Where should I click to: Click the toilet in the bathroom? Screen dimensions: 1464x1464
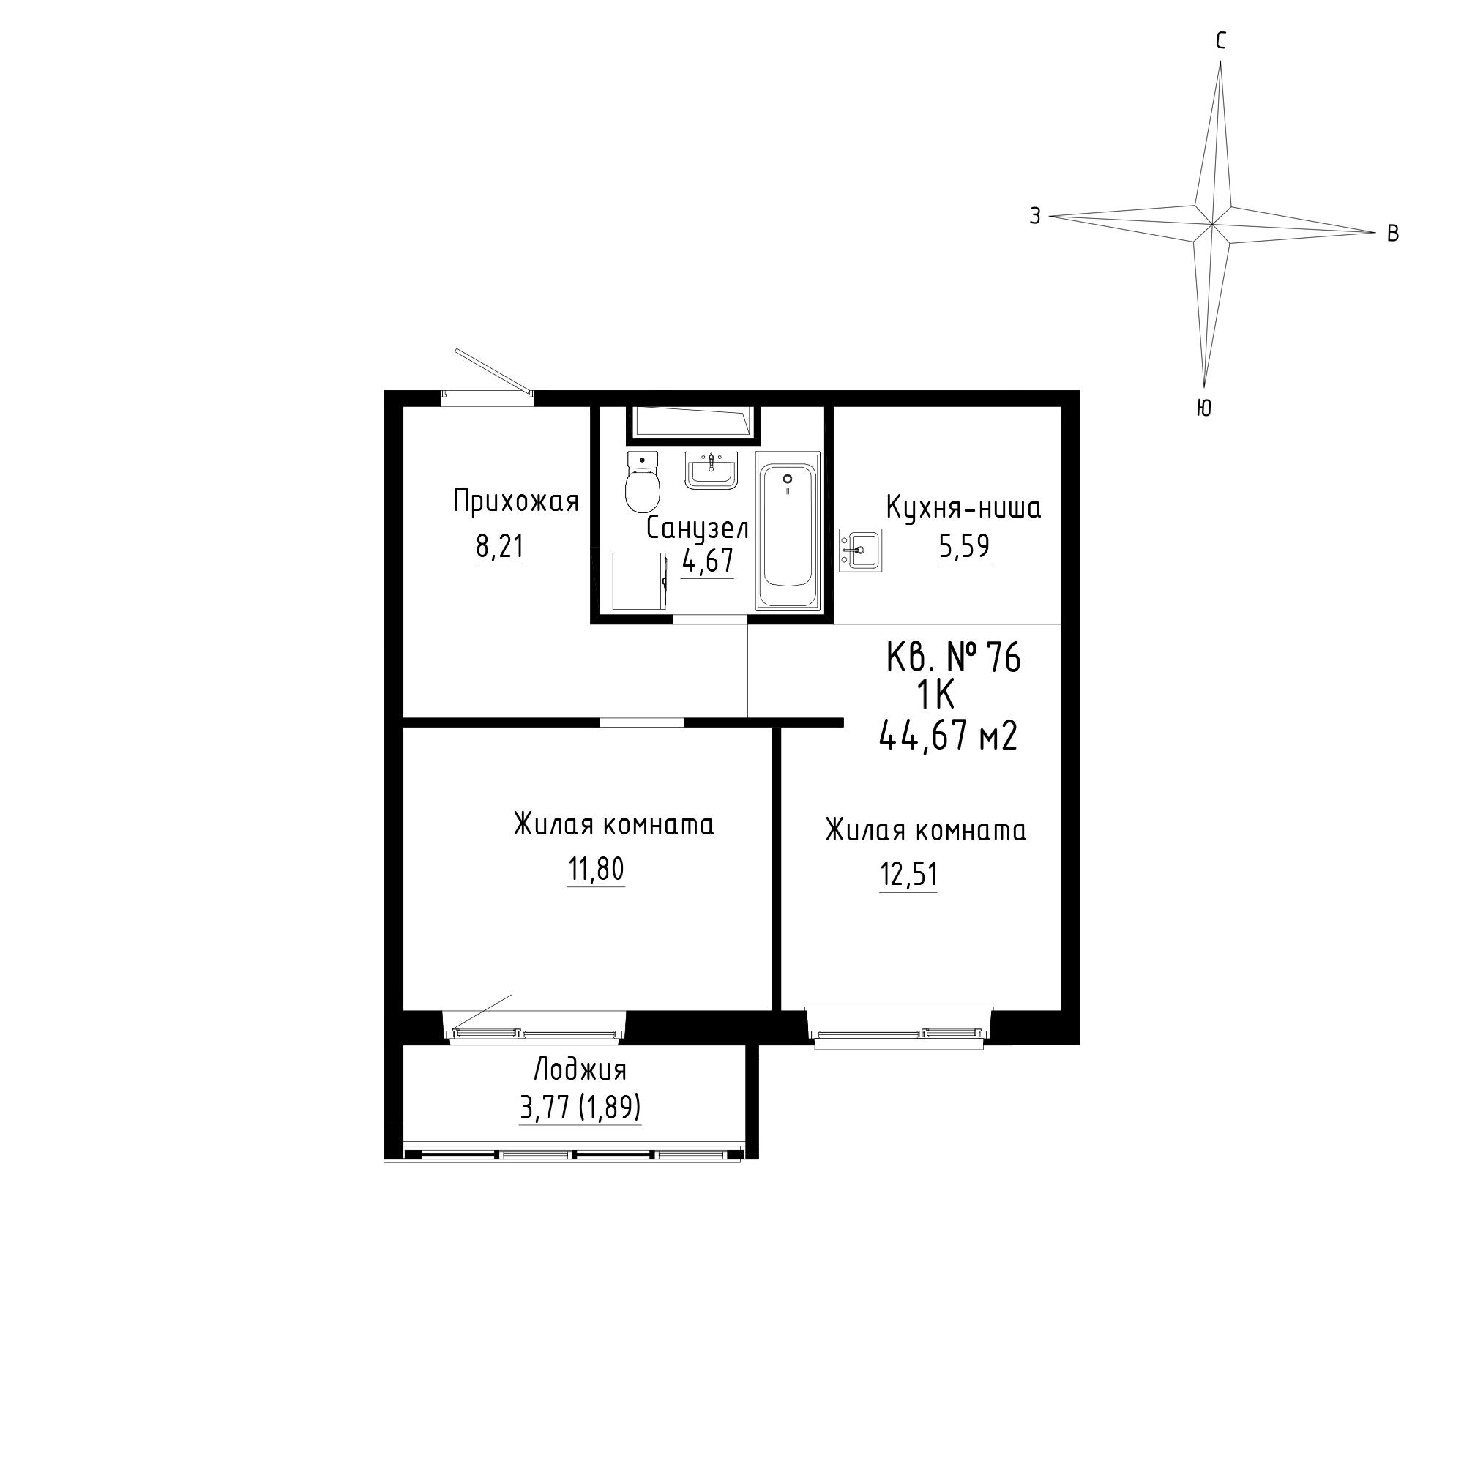642,481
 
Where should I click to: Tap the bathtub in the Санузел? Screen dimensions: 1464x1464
788,531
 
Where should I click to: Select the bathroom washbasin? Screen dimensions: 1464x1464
711,471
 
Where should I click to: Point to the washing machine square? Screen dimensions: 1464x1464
640,581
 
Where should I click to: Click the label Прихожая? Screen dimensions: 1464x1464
516,501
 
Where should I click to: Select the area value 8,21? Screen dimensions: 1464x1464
499,546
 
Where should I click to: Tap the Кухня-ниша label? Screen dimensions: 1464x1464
964,507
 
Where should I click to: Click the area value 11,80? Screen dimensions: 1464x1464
597,869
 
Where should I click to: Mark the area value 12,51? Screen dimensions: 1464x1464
908,875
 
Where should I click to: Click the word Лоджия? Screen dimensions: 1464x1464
580,1070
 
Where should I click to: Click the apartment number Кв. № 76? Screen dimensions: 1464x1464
954,657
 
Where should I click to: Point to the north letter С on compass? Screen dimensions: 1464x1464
1221,41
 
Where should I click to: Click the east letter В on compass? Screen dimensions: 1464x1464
1393,234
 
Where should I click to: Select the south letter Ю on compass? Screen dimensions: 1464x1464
1204,408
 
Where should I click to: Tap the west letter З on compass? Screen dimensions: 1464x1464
1035,216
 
